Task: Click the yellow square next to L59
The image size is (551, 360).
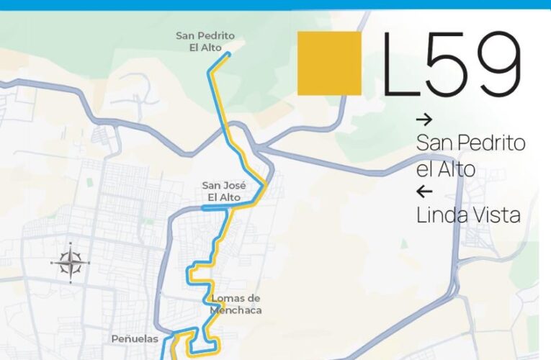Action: coord(329,63)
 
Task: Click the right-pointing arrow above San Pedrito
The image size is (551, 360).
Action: coord(424,120)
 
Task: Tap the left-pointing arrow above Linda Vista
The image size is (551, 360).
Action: coord(424,192)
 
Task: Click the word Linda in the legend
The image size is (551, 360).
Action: coord(441,215)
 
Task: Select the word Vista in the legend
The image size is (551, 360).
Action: coord(495,215)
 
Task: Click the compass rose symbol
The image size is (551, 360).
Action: coord(70,262)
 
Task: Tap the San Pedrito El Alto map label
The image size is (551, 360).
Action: coord(205,41)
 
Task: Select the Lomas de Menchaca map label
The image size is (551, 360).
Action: coord(236,304)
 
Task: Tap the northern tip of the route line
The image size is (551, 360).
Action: coord(228,53)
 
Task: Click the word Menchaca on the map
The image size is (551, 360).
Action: coord(236,310)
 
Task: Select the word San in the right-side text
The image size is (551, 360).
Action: coord(433,143)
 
